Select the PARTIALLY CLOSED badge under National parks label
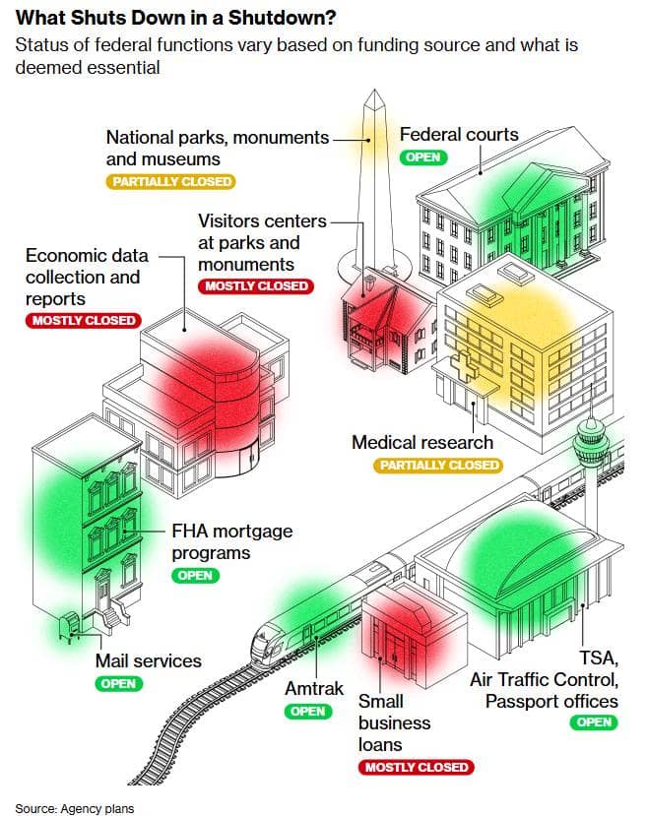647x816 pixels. [171, 181]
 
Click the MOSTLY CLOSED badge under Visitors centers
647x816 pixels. [256, 286]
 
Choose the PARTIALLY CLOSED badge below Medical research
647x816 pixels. [437, 465]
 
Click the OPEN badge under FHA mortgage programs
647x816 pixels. [195, 575]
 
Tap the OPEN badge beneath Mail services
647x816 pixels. [118, 683]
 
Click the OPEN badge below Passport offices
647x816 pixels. [594, 722]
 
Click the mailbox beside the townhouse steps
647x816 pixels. [72, 623]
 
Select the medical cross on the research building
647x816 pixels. [462, 366]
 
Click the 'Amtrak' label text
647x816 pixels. [314, 688]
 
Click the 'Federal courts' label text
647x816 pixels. [458, 134]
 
